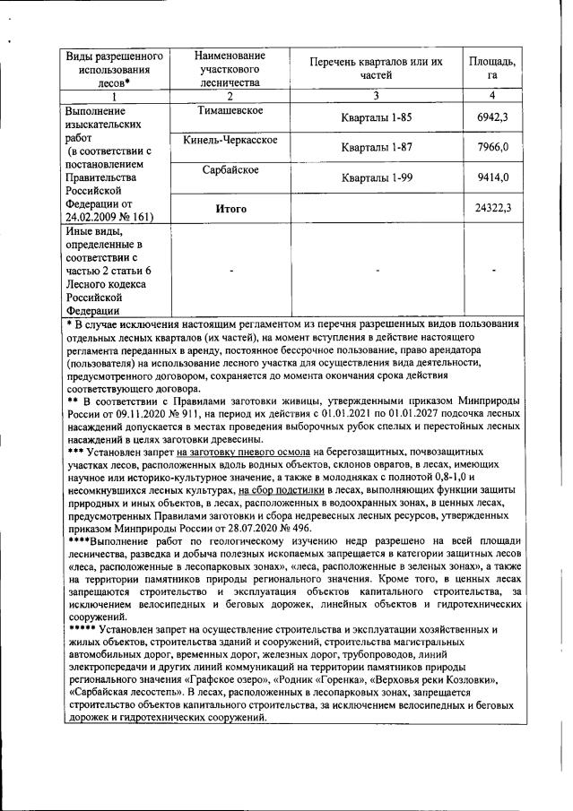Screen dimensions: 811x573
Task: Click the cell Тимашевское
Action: (x=230, y=110)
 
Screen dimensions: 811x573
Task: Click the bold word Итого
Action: (x=230, y=208)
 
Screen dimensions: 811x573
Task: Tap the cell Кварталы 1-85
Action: (x=376, y=117)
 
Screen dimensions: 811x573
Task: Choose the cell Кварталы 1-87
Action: (x=376, y=147)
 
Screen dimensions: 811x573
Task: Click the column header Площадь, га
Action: (x=492, y=68)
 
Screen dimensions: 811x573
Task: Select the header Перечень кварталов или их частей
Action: (x=376, y=68)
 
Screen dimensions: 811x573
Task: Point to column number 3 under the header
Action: (x=376, y=95)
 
